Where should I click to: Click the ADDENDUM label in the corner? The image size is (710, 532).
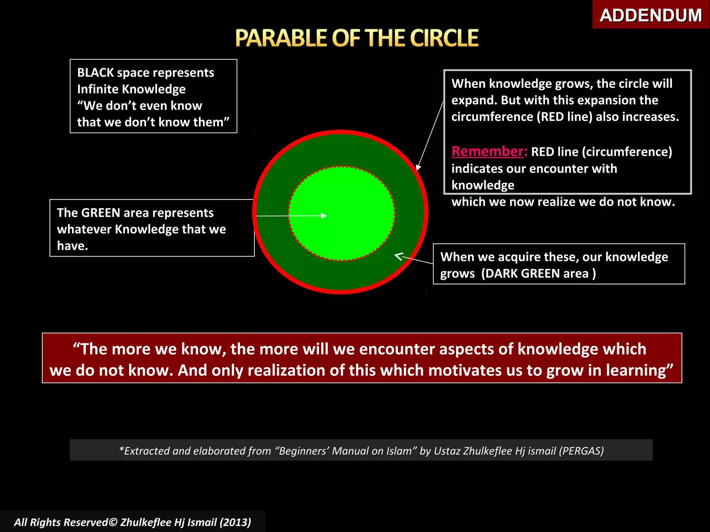point(650,15)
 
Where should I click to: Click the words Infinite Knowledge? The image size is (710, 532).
point(131,89)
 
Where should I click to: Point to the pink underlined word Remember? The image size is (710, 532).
point(487,151)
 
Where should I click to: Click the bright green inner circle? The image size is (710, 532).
point(341,194)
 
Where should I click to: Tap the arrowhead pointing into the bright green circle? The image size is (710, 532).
point(324,216)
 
